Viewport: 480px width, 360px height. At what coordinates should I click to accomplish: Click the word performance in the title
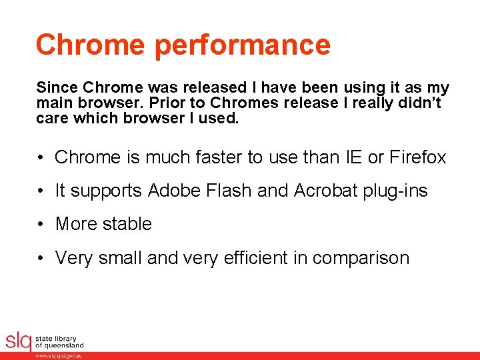click(243, 45)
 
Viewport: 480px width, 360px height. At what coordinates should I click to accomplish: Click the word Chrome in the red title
click(91, 45)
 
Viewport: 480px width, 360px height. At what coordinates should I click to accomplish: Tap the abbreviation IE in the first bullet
click(352, 157)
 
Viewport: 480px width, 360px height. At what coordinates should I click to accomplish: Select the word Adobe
click(173, 191)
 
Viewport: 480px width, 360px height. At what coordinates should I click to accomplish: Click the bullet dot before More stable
click(41, 224)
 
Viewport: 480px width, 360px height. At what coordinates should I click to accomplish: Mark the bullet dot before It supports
click(41, 191)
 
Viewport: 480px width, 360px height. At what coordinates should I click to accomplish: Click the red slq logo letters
click(18, 341)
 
